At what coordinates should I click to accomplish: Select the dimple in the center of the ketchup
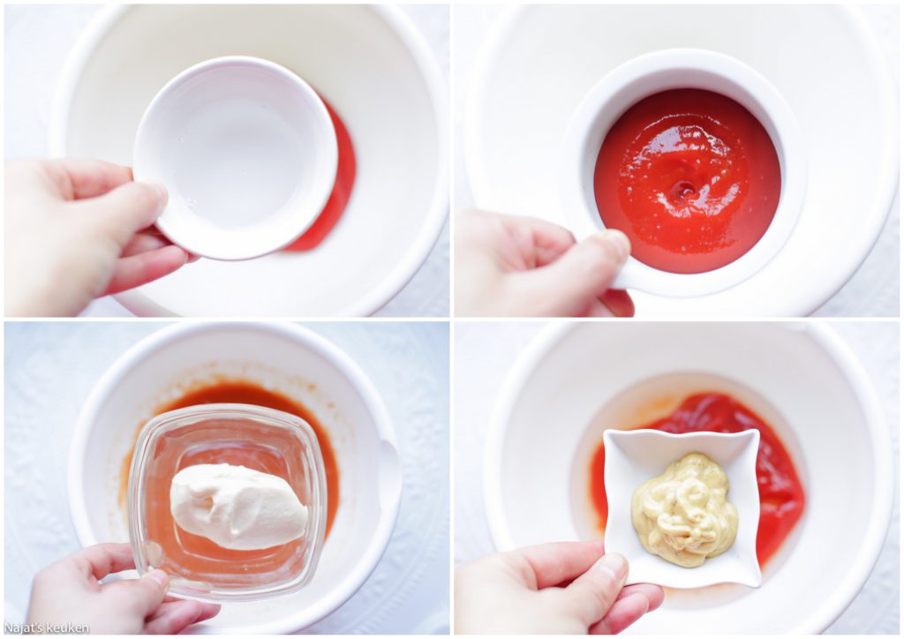[686, 188]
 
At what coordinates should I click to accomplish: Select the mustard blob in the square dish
[685, 502]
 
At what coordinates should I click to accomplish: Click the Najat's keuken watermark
[47, 628]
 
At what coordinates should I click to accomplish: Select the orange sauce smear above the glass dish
[230, 397]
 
